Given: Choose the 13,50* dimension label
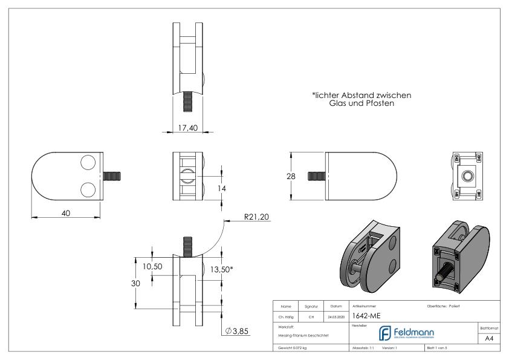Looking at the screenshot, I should click(221, 270).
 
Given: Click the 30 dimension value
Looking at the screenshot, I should click(137, 284).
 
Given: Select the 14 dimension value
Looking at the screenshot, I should click(222, 189).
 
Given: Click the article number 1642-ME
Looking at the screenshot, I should click(366, 315).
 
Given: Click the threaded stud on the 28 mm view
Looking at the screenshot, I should click(316, 175).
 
